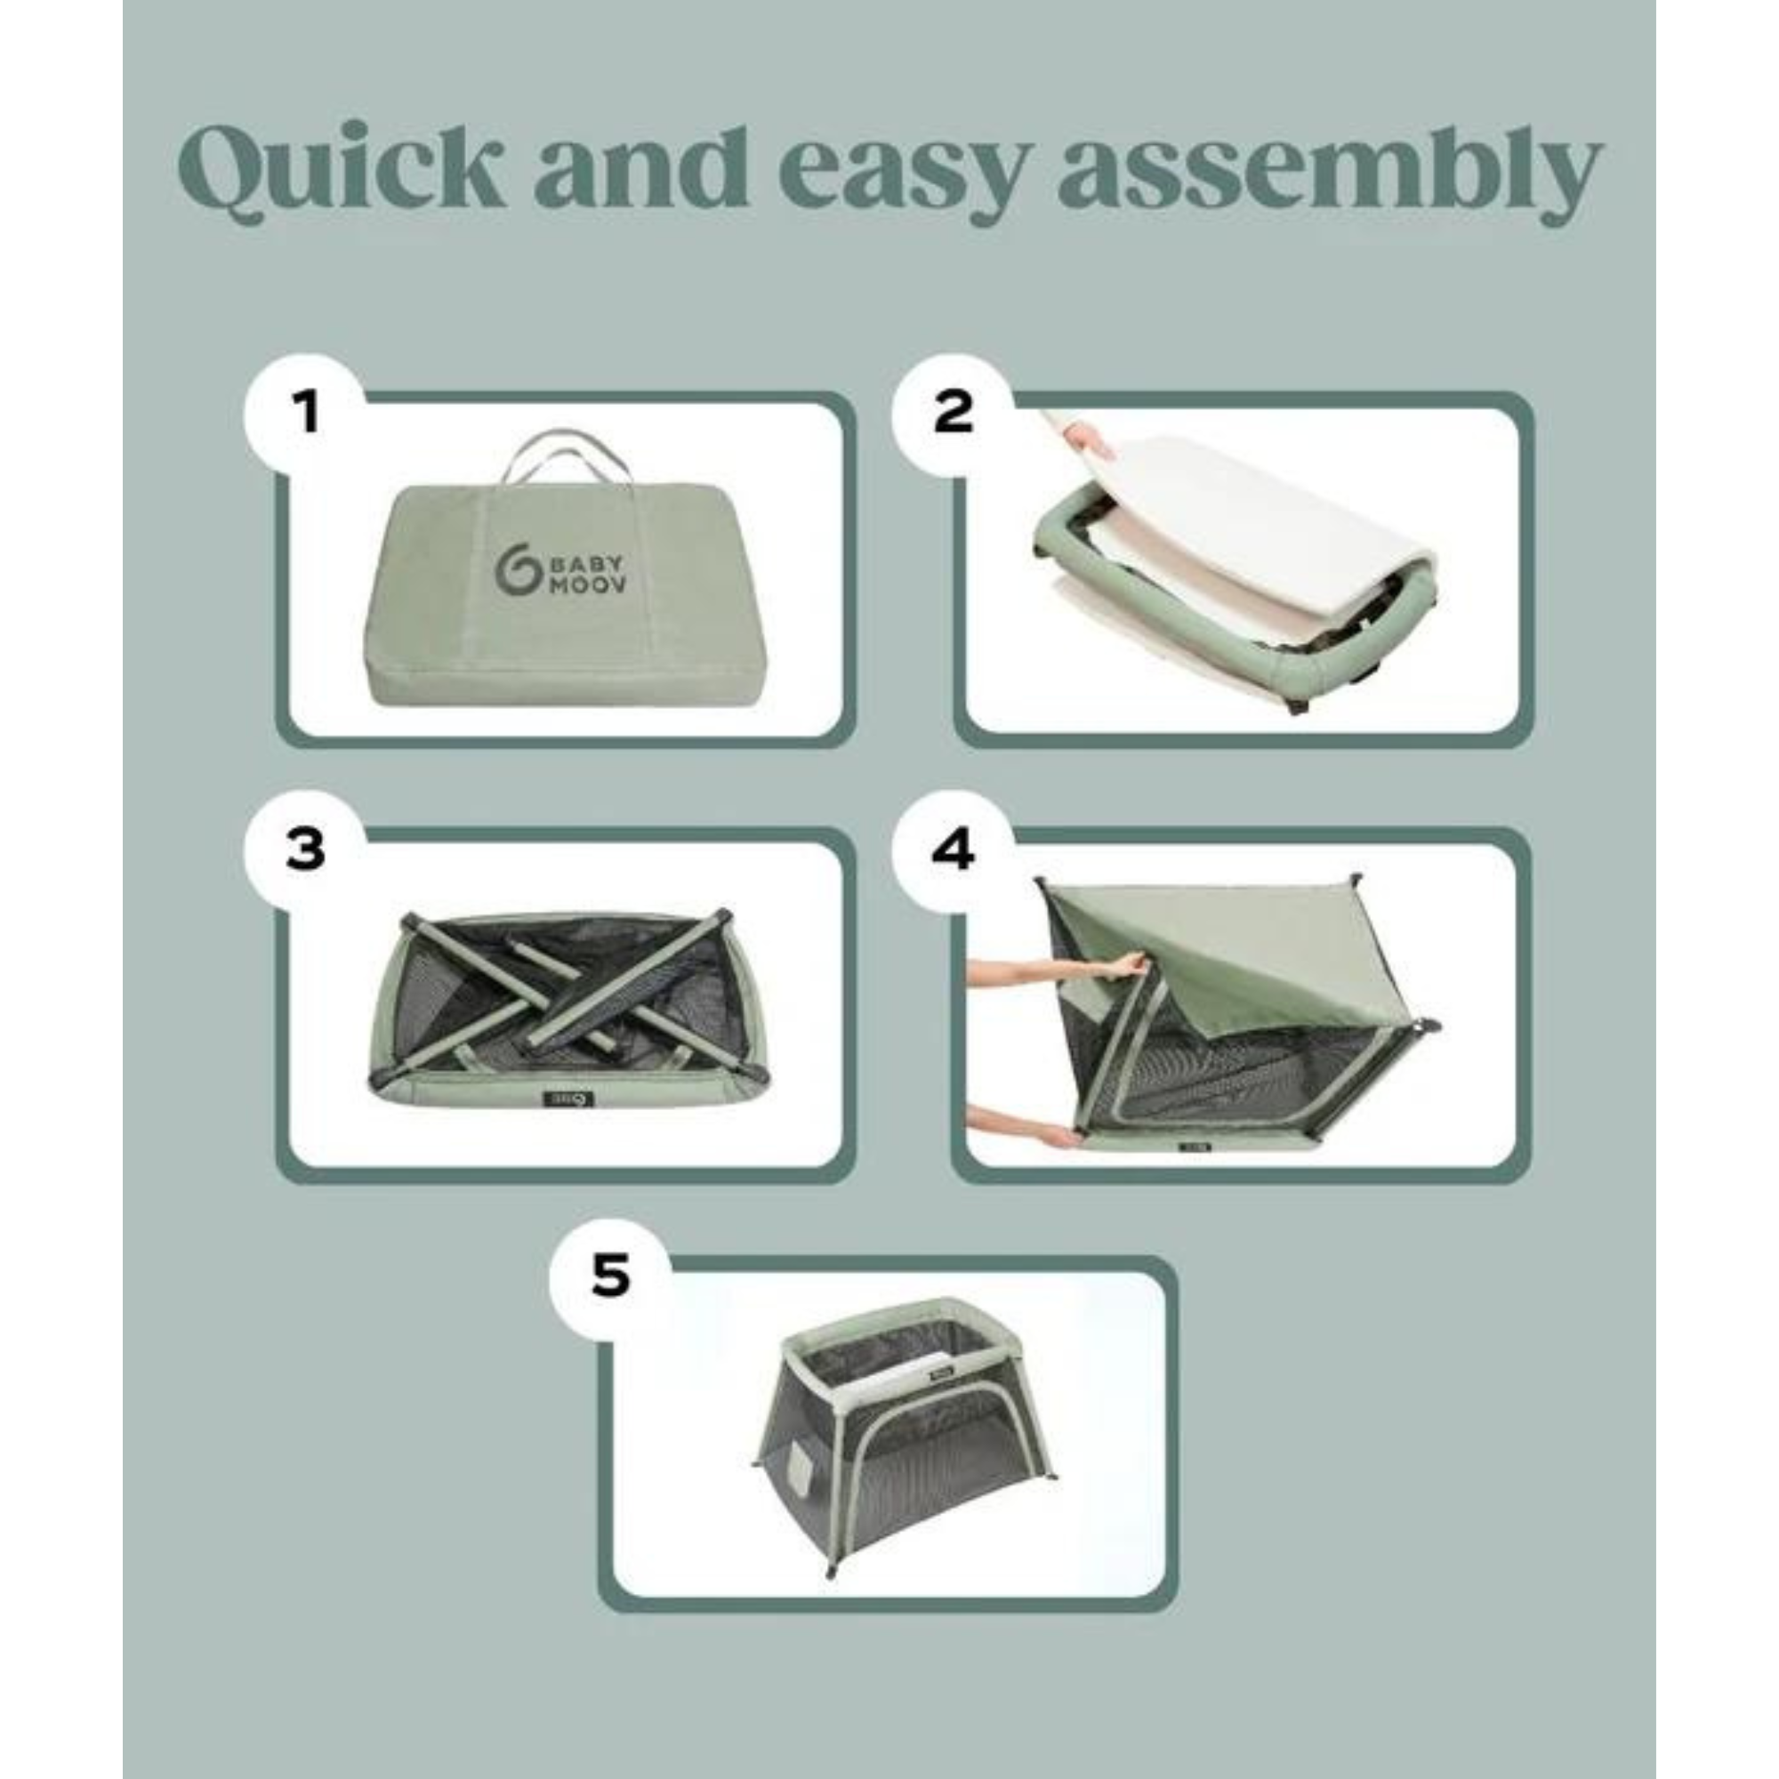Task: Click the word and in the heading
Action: click(x=640, y=166)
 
